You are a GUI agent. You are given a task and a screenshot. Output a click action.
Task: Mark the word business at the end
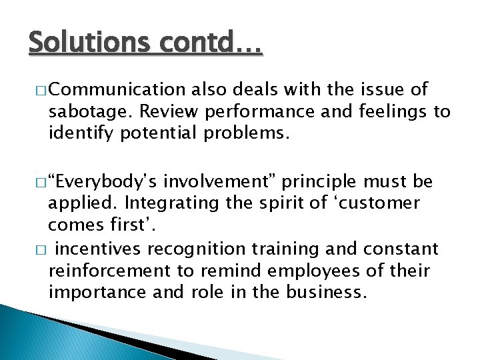pyautogui.click(x=334, y=293)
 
